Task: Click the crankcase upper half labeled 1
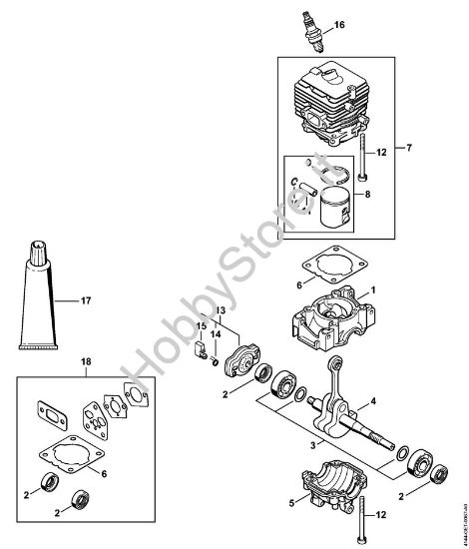pyautogui.click(x=324, y=318)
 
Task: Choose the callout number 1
pyautogui.click(x=373, y=290)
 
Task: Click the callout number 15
pyautogui.click(x=201, y=326)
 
